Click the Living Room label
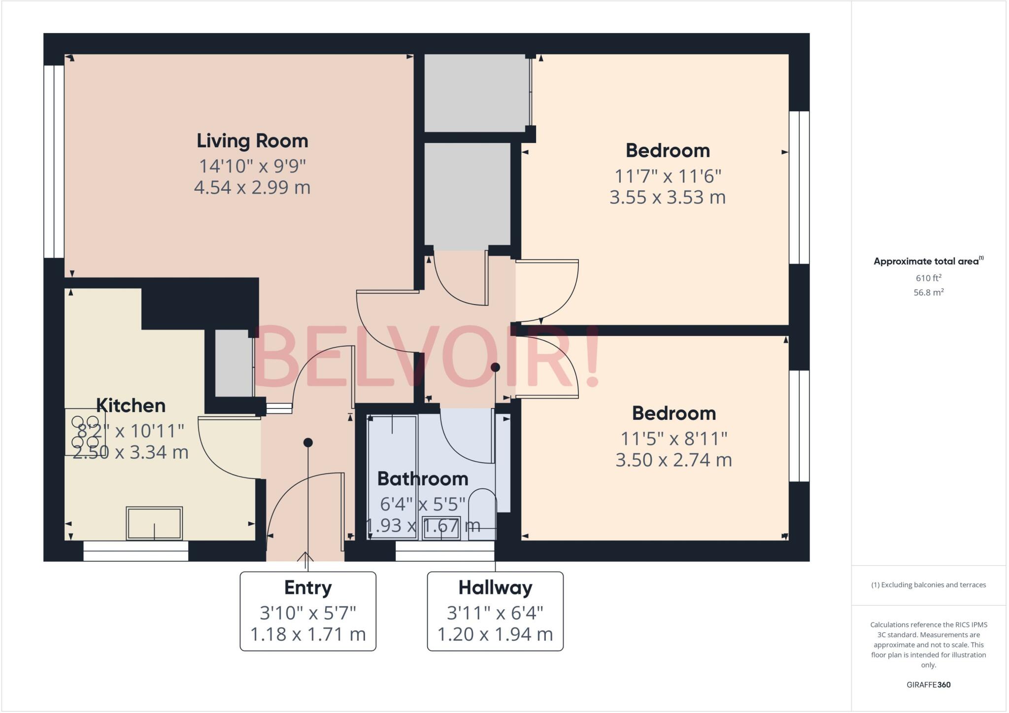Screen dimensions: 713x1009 tap(252, 141)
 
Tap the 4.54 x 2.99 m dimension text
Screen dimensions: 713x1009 tap(252, 187)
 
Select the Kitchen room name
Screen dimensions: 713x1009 tap(131, 406)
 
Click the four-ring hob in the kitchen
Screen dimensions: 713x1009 tap(84, 432)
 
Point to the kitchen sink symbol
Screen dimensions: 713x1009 tap(154, 523)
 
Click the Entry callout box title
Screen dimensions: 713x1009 tap(308, 587)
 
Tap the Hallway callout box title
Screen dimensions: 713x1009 tap(495, 587)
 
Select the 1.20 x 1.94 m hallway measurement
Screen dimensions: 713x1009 tap(495, 634)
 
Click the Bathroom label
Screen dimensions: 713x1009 tap(423, 478)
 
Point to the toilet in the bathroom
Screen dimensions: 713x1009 tap(482, 512)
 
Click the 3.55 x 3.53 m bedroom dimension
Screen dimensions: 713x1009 tap(668, 197)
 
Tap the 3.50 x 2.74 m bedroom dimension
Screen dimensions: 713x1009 tap(673, 460)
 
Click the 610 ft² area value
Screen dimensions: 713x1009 tap(928, 278)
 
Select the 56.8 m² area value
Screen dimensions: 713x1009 tap(928, 292)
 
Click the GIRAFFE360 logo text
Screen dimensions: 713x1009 tap(928, 684)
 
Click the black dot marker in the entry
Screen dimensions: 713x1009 tap(308, 442)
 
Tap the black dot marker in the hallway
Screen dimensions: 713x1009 tap(495, 367)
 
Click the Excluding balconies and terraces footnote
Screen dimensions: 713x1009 tap(928, 585)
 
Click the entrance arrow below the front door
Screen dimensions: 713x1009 tap(305, 558)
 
